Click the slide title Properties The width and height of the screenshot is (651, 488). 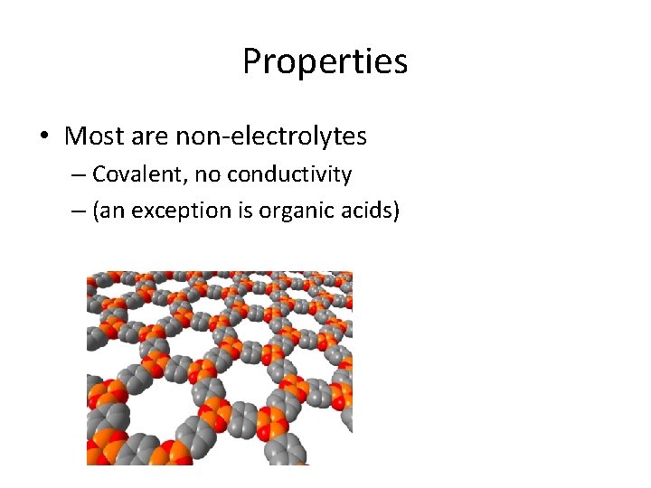(325, 61)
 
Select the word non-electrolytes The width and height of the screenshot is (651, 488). (271, 136)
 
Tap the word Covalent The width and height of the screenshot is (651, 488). (128, 174)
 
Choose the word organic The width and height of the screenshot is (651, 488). (297, 211)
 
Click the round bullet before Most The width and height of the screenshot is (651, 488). (43, 137)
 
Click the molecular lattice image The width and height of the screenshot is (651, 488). (219, 368)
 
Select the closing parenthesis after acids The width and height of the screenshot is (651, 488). (395, 211)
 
